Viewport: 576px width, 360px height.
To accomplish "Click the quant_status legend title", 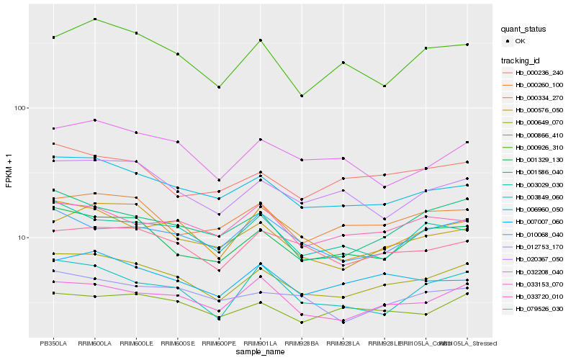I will coord(523,29).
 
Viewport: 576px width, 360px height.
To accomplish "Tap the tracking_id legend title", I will coord(522,60).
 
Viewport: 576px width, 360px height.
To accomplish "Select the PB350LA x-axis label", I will coord(53,344).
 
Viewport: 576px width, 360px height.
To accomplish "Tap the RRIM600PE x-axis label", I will coord(220,344).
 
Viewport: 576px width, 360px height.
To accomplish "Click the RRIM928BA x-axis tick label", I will coord(302,344).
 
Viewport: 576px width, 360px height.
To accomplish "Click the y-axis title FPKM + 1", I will coord(9,171).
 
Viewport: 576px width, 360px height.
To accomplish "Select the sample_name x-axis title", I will coord(261,354).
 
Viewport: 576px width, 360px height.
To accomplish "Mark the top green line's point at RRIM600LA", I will coord(95,19).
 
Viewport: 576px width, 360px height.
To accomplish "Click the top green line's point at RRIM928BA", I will coord(302,96).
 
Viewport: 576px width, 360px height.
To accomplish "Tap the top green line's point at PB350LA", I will coord(53,37).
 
